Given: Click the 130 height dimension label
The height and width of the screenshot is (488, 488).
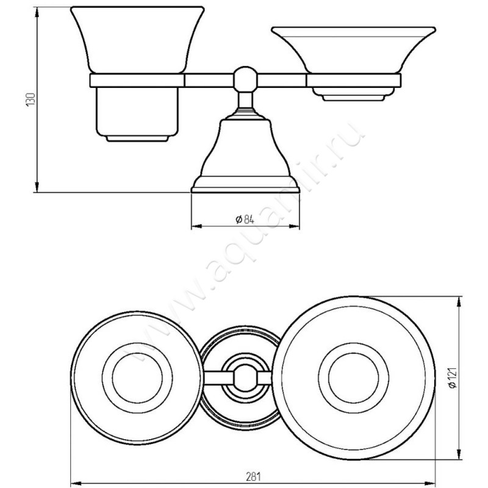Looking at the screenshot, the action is point(31,99).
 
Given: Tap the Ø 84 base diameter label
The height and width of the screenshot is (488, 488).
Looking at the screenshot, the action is point(245,220).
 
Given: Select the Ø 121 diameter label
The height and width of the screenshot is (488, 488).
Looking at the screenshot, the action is point(452,378).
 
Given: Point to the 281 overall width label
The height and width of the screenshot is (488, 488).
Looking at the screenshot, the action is point(253,476).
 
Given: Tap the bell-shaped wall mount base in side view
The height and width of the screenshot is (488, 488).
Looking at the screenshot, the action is point(245,156).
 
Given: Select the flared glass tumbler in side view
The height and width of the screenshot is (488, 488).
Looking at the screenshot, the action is point(137,40).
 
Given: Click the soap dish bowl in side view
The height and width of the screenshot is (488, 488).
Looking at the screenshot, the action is point(353,50).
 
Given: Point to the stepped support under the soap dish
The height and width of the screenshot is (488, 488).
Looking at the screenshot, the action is point(353,95).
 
